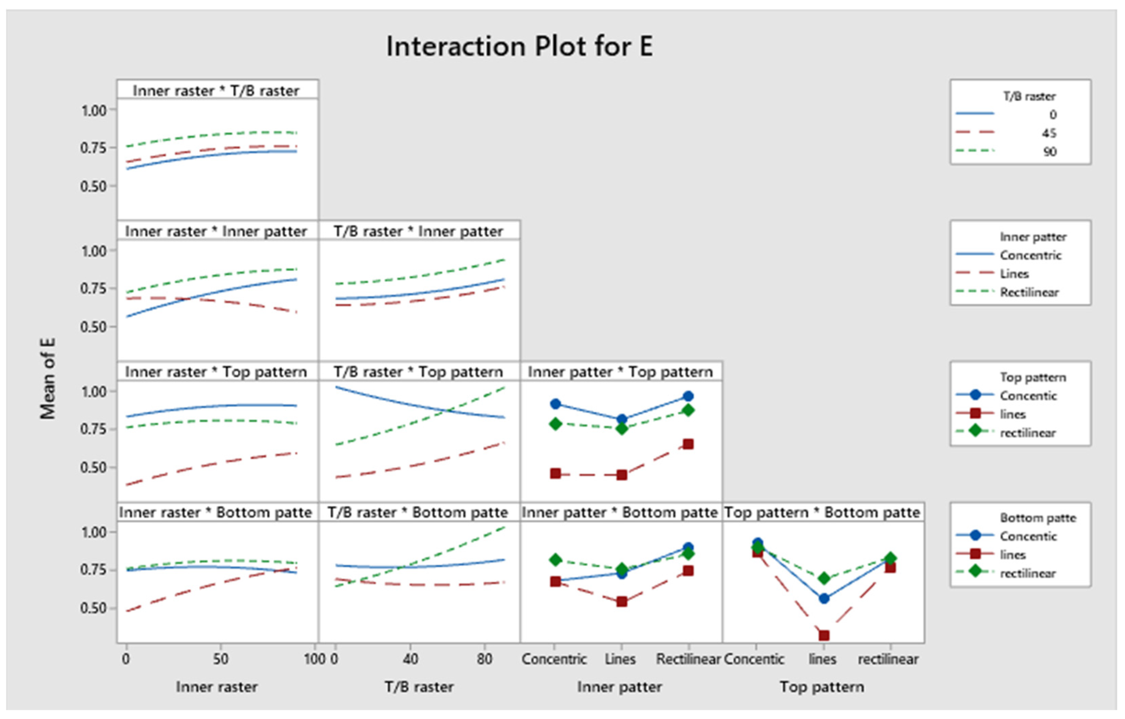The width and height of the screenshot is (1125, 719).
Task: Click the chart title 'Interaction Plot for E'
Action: pos(519,46)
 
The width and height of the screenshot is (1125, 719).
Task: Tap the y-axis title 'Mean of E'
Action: pos(48,379)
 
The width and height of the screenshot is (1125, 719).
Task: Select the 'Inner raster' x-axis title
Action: pos(217,687)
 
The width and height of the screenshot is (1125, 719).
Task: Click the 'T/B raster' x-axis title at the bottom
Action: pos(419,687)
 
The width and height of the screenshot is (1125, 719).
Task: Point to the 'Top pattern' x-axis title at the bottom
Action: pos(822,687)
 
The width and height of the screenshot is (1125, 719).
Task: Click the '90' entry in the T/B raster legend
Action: pos(1050,152)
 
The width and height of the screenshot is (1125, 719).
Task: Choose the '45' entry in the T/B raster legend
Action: pos(1049,133)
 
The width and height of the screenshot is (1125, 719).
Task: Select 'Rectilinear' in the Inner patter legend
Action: pos(1029,292)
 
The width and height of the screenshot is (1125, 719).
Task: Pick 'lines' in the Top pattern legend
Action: pos(1012,414)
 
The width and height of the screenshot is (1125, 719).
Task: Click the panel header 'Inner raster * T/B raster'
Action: pos(216,91)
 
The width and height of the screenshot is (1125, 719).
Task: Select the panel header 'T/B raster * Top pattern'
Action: pos(418,372)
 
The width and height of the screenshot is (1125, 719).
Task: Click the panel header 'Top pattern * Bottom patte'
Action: pos(822,512)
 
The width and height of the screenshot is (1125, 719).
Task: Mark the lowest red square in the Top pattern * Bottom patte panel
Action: pos(824,635)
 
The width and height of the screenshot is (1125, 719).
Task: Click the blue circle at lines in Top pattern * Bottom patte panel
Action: pos(824,598)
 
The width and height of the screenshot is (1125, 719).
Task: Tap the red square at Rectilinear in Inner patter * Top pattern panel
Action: pos(688,444)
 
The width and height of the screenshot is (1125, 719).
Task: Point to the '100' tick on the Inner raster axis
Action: pos(314,659)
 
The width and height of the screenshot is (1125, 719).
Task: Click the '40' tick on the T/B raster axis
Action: pos(410,659)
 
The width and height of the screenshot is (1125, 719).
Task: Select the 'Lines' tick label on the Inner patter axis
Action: pos(620,659)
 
